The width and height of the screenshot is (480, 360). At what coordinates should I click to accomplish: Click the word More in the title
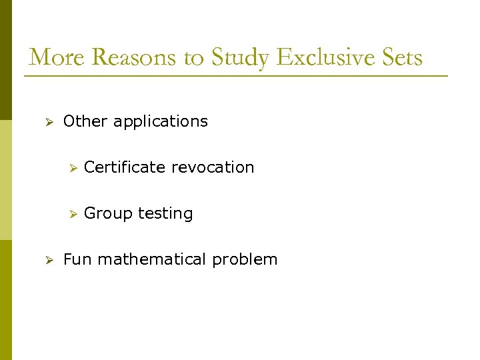pyautogui.click(x=57, y=57)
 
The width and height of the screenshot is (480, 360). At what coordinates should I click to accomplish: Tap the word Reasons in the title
pyautogui.click(x=137, y=57)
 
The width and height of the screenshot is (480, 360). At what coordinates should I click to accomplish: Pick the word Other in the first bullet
pyautogui.click(x=85, y=121)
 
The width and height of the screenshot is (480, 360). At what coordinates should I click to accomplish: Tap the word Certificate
pyautogui.click(x=125, y=167)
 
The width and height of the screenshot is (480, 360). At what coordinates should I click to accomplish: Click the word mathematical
pyautogui.click(x=153, y=259)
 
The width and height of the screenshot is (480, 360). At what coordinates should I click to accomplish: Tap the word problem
pyautogui.click(x=245, y=260)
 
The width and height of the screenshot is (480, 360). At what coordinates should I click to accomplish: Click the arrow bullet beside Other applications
pyautogui.click(x=48, y=122)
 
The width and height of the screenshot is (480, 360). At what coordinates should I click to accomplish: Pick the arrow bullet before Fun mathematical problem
pyautogui.click(x=48, y=260)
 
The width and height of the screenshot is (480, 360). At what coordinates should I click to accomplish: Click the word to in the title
pyautogui.click(x=194, y=59)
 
